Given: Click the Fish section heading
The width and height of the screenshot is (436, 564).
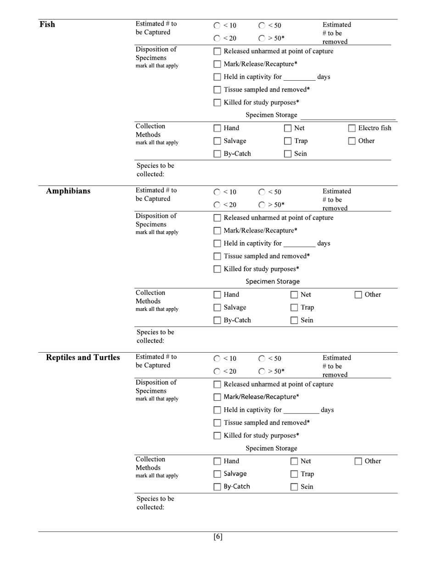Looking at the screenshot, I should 47,24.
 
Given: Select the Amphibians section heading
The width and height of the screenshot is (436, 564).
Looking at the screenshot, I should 68,191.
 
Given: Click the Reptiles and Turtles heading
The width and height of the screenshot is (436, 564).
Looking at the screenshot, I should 83,358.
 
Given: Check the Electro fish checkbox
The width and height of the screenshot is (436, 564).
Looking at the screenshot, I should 352,128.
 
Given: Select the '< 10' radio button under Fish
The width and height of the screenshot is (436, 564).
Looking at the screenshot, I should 217,26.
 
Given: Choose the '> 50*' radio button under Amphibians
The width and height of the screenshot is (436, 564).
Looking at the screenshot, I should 262,205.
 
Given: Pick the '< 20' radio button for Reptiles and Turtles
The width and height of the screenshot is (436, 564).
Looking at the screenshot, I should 217,371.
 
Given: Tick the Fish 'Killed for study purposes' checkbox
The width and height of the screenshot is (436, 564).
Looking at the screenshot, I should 218,103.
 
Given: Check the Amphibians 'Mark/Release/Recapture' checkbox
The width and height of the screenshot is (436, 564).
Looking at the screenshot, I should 218,231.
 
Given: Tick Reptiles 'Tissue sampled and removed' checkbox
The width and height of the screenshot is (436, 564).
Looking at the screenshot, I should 218,423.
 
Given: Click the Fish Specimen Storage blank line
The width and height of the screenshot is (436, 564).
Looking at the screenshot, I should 347,116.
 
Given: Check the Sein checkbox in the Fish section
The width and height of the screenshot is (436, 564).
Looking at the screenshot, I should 288,154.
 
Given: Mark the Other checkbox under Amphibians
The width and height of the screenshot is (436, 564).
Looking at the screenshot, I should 358,295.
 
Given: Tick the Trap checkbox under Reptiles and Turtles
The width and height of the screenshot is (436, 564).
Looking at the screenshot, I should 294,474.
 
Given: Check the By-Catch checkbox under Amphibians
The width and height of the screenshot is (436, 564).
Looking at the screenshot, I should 218,321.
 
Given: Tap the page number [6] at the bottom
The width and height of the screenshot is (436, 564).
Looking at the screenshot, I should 218,537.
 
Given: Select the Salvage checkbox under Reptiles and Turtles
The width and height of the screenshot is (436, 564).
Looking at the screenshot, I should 218,474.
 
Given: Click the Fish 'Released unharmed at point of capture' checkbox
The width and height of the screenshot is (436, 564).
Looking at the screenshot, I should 218,51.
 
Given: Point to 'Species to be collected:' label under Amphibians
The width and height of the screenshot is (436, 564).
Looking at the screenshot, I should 155,336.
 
